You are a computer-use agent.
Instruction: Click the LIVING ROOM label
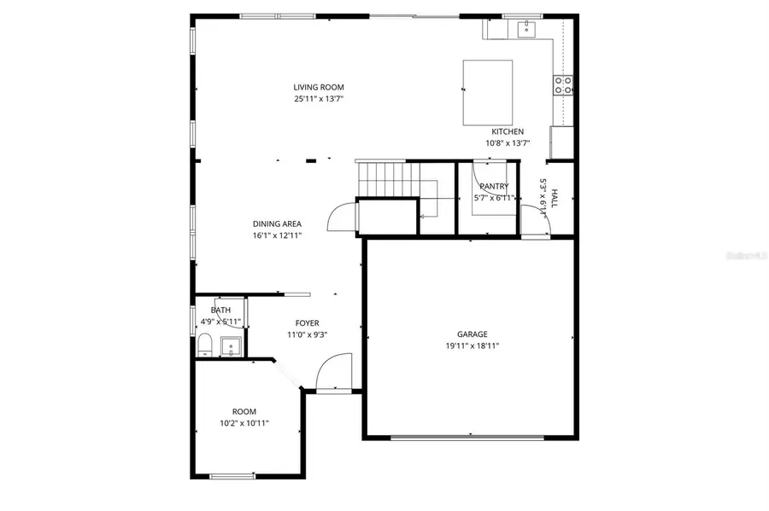(319, 87)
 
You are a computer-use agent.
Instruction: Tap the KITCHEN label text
(508, 131)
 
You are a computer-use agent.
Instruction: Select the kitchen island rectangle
(488, 92)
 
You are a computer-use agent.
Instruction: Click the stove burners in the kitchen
(563, 84)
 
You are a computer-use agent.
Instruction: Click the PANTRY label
(494, 186)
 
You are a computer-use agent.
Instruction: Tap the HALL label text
(554, 199)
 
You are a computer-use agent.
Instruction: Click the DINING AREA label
(277, 224)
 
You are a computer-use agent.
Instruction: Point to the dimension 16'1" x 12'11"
(277, 235)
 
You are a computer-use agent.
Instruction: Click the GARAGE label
(473, 334)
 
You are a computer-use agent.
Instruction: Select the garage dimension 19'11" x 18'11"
(473, 346)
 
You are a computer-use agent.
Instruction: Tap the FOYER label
(308, 323)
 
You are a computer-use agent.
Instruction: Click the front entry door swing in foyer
(332, 373)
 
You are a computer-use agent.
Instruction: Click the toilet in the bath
(205, 346)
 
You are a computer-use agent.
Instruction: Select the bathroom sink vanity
(230, 346)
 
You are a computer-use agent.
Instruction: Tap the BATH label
(220, 311)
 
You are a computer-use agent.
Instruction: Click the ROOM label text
(244, 411)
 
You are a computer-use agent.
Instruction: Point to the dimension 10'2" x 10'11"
(244, 423)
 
